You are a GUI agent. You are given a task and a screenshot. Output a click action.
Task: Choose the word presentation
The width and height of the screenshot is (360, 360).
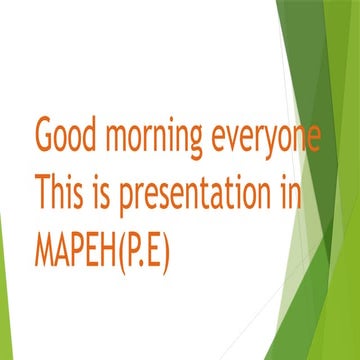pyautogui.click(x=199, y=193)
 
